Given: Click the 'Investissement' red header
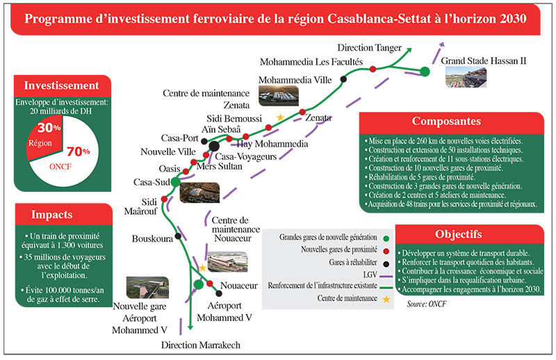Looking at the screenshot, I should [61, 86].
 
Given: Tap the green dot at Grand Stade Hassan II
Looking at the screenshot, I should [424, 71].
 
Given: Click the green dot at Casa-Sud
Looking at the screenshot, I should [175, 181].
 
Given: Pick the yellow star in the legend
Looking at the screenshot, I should [386, 299].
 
